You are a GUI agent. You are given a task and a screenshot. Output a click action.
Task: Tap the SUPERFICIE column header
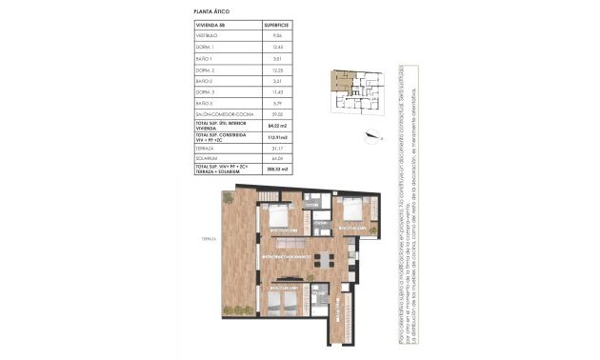click(275, 25)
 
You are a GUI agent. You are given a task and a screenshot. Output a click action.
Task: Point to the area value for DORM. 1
click(275, 47)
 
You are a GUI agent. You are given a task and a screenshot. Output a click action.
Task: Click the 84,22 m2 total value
click(276, 125)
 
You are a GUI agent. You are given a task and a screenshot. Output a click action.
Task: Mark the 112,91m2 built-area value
click(276, 139)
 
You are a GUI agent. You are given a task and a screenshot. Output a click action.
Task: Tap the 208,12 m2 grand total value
click(276, 171)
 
